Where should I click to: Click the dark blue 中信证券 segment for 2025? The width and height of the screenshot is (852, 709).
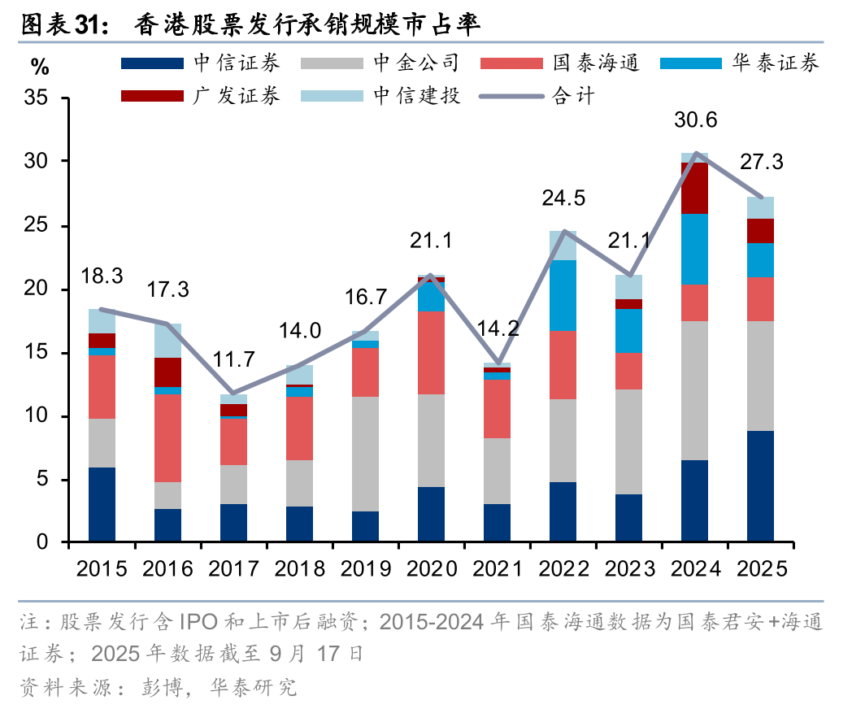tap(760, 486)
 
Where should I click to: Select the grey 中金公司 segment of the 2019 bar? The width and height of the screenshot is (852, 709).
tap(365, 454)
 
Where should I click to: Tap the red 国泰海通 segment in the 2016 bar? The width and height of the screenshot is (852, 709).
tap(167, 438)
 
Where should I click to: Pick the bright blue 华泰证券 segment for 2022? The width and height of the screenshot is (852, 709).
tap(563, 295)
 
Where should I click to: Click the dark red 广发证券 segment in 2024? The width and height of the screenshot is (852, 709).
tap(694, 188)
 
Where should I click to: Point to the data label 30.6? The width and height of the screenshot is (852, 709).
tap(695, 120)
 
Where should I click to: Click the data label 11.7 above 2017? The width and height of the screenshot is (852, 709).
tap(233, 359)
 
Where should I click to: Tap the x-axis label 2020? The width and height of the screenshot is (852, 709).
tap(431, 568)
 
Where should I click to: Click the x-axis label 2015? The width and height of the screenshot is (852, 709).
tap(102, 568)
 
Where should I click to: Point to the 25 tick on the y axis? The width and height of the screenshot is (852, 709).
tap(46, 225)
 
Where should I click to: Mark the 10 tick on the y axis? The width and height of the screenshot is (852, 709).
tap(46, 416)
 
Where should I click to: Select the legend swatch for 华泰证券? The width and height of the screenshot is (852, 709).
tap(690, 63)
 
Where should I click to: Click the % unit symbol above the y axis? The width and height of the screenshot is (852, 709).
tap(39, 66)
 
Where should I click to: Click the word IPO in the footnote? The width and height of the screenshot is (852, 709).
tap(198, 624)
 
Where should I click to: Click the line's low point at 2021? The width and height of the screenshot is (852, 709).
tap(497, 363)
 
